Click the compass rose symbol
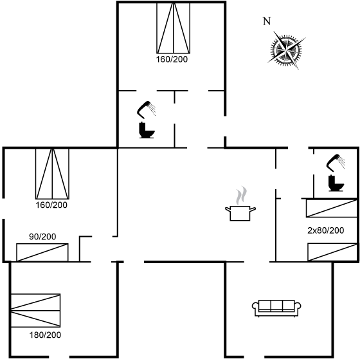click(286, 50)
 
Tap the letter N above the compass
click(267, 21)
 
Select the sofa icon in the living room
click(276, 308)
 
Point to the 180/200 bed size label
click(45, 335)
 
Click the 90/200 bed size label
click(42, 237)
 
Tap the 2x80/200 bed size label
click(326, 230)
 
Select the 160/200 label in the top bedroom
click(172, 59)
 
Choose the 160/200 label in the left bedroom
click(51, 205)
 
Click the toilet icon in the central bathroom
click(147, 131)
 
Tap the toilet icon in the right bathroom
click(336, 183)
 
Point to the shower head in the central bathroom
click(146, 109)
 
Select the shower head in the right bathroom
click(336, 163)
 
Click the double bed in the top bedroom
click(174, 28)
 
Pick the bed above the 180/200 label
click(35, 310)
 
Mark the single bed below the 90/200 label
click(42, 252)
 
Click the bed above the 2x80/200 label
click(331, 208)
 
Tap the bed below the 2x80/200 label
click(332, 252)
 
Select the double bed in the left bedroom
click(52, 174)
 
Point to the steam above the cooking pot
click(241, 195)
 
